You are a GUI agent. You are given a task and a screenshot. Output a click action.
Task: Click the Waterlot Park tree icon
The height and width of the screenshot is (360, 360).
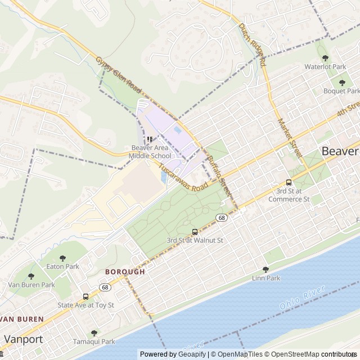point(325,58)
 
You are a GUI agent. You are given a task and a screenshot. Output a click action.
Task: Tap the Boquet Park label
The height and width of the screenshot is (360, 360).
point(341,91)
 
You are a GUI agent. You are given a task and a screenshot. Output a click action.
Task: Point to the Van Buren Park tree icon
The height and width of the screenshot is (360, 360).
point(31,276)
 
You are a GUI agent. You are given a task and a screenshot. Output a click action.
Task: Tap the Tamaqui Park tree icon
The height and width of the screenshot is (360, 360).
point(94,332)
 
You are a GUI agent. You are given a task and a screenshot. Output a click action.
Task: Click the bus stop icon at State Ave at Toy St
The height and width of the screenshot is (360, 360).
point(85,296)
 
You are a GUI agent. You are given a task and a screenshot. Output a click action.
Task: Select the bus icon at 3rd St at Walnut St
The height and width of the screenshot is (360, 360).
point(195,232)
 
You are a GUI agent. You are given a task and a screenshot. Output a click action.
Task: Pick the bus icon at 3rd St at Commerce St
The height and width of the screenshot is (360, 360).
point(289,182)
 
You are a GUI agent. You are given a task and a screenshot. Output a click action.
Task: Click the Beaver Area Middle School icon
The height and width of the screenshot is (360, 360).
point(150,139)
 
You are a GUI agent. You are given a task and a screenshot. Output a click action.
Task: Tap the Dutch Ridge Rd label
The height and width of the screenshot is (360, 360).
point(252,44)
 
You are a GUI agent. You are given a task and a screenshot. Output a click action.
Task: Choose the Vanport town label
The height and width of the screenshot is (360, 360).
point(23,339)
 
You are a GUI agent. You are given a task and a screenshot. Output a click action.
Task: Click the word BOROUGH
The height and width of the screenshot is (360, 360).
point(125,271)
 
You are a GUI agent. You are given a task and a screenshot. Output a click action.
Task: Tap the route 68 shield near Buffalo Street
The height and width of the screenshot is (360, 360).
point(222,218)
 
